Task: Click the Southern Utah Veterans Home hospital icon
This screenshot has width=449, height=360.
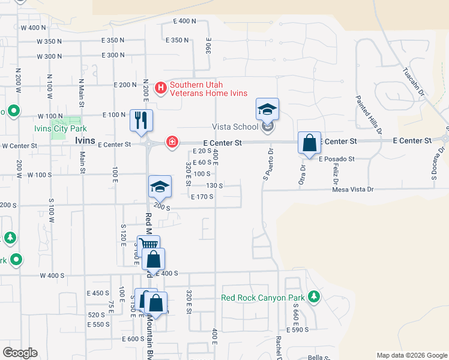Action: click(x=161, y=89)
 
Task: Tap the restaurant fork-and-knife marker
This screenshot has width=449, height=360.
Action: click(x=141, y=119)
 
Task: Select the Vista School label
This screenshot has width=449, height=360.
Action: click(x=235, y=127)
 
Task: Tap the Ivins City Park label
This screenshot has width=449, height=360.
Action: click(x=60, y=128)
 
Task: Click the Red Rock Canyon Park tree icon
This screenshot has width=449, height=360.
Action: click(x=313, y=296)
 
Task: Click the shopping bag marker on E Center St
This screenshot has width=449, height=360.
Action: click(x=309, y=143)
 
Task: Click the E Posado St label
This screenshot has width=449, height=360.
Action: click(x=337, y=159)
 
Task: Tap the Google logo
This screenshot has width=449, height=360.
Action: click(x=20, y=353)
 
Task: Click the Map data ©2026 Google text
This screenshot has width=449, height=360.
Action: click(x=412, y=355)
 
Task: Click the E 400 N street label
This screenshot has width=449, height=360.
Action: click(x=184, y=21)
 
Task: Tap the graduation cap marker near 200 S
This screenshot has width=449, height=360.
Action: click(x=160, y=187)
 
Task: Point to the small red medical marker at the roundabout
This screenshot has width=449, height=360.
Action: click(x=172, y=142)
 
